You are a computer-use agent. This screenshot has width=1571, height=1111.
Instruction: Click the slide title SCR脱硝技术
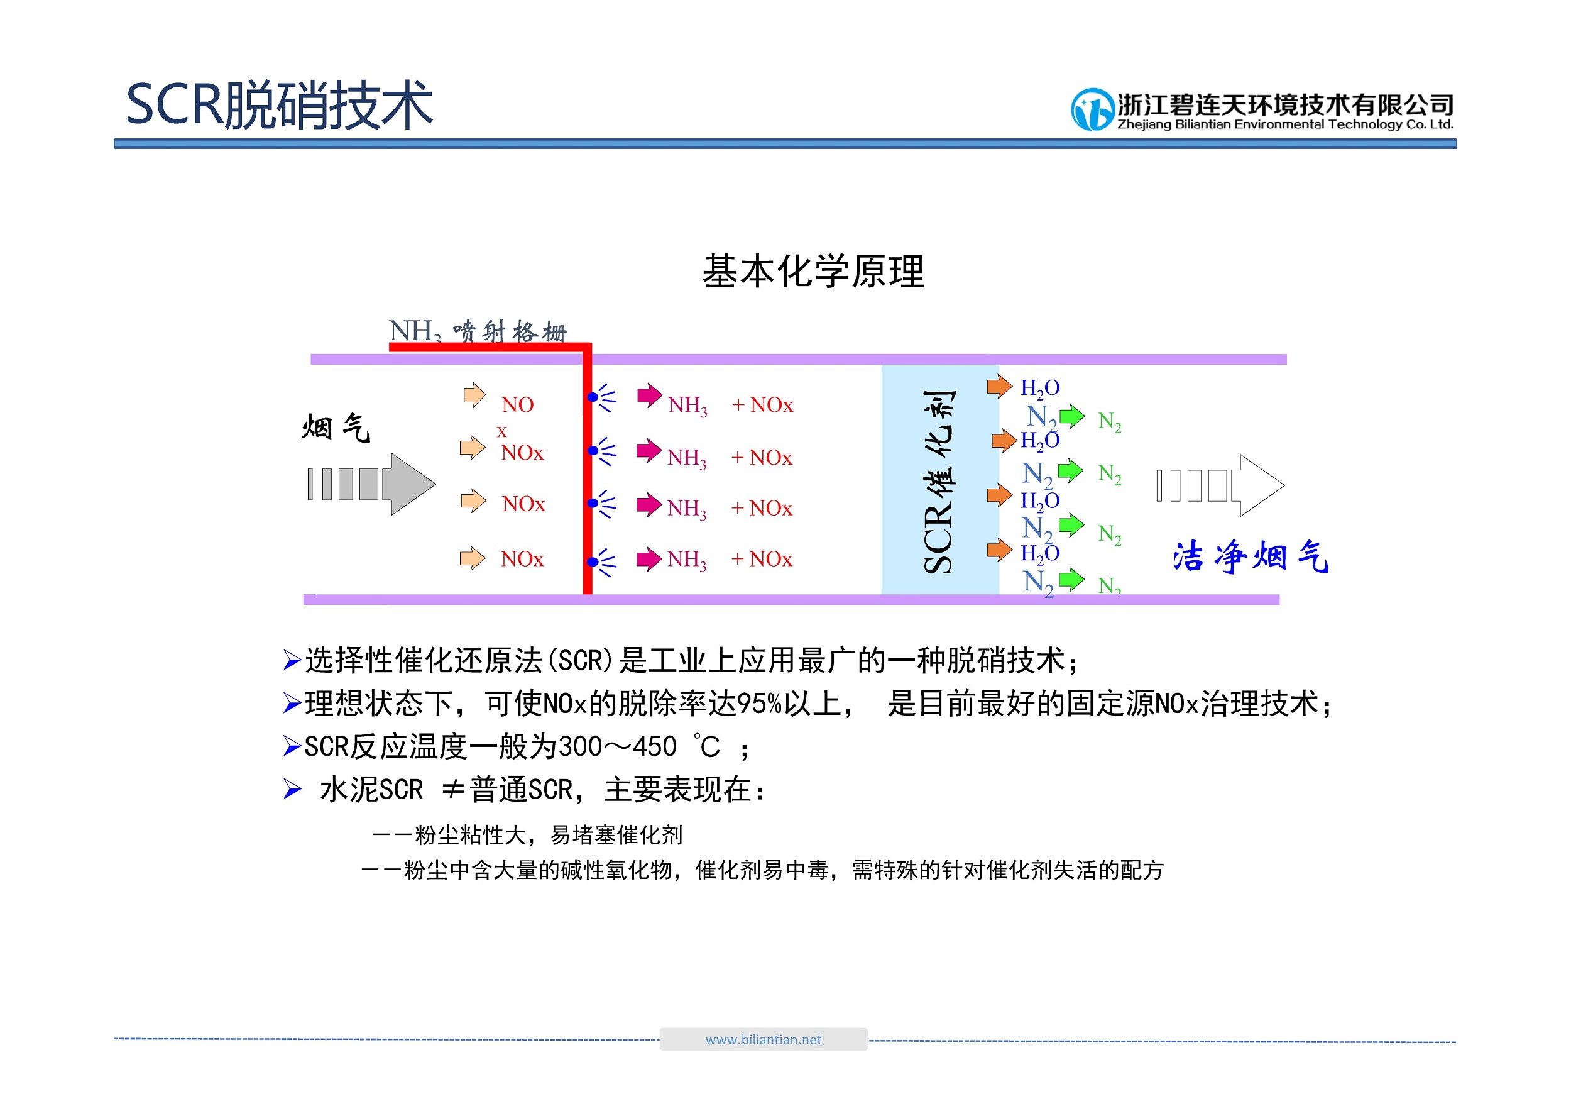click(279, 105)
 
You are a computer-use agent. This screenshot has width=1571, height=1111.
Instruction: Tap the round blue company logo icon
click(1093, 109)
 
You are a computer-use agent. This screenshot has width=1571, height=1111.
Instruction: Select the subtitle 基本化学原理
click(813, 271)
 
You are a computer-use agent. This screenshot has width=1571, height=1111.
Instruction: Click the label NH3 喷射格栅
click(478, 331)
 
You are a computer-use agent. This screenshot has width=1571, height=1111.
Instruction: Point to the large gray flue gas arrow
click(371, 484)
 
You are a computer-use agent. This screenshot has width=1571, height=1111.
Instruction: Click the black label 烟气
click(336, 428)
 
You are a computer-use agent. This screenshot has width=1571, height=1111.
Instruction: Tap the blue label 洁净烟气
click(1250, 556)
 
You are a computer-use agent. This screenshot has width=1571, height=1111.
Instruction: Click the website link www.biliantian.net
click(763, 1039)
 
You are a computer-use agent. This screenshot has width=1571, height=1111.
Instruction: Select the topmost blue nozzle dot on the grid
click(593, 397)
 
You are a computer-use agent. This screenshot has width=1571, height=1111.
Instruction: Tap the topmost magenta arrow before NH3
click(649, 395)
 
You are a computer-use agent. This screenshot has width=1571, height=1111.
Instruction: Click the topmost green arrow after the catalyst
click(1072, 416)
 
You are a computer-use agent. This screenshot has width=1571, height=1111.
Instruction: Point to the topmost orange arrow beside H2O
click(1000, 386)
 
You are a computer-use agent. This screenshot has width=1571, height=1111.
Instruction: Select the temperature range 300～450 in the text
click(617, 747)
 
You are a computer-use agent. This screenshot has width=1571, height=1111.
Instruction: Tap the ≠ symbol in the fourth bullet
click(454, 790)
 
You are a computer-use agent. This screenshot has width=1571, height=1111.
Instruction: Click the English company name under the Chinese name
click(1285, 124)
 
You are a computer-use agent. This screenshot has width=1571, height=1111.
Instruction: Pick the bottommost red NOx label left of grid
click(522, 559)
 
